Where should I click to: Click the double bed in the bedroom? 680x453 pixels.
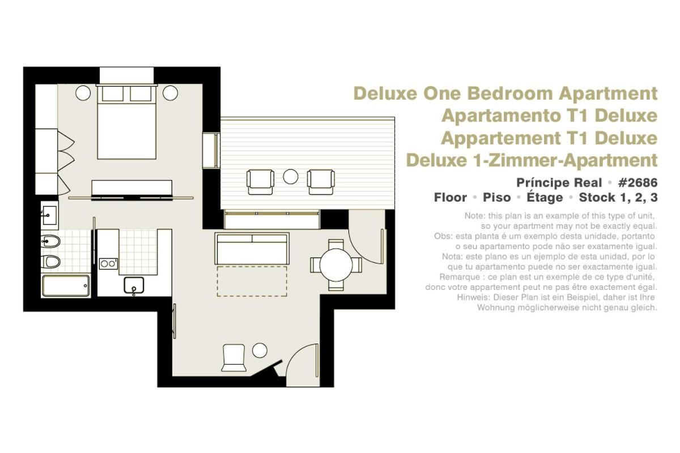(x=126, y=122)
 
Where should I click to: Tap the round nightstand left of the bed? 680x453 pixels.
(x=83, y=93)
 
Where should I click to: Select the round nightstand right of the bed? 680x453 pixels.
(x=170, y=93)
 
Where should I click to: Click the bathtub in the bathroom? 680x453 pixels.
(x=66, y=285)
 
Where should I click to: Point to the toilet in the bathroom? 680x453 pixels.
(x=50, y=262)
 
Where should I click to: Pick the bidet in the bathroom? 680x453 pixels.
(x=50, y=242)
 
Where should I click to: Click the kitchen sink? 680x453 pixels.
(x=134, y=285)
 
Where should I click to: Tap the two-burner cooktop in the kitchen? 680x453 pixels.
(x=108, y=264)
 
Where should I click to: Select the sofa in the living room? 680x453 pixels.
(x=252, y=249)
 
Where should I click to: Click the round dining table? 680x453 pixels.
(x=336, y=265)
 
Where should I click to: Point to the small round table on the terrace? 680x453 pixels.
(x=291, y=177)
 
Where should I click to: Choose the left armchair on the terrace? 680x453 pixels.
(x=260, y=182)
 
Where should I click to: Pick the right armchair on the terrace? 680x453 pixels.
(x=321, y=182)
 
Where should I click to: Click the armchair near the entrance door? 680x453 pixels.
(x=233, y=357)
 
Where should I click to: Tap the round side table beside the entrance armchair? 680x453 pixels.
(x=260, y=350)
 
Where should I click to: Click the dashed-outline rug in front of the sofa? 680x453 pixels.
(x=252, y=281)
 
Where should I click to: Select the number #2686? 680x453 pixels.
(x=637, y=183)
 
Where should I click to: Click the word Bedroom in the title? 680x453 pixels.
(x=511, y=93)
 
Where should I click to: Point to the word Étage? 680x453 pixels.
(x=545, y=197)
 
